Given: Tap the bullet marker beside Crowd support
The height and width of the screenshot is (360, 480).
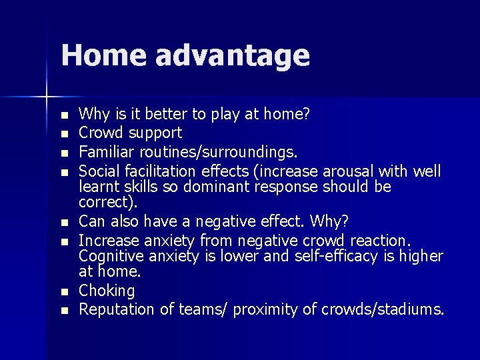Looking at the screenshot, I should point(63,134).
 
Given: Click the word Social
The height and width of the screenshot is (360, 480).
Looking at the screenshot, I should point(98,171).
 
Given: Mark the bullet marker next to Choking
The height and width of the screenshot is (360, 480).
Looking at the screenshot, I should point(63,292).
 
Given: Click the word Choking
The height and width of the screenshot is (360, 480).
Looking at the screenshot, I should point(107,291).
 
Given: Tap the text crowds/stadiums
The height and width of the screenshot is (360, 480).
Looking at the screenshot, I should point(382,309).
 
